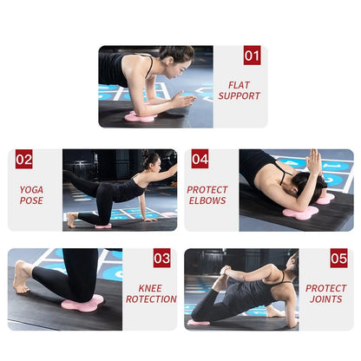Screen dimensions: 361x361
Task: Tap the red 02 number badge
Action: coord(24,160)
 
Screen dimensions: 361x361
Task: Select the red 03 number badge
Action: coord(161,259)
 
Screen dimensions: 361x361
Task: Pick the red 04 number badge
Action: coord(200,160)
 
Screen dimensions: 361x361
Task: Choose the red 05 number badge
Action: coord(338,259)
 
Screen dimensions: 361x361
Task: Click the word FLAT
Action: coord(240,85)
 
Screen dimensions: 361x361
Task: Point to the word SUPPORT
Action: coord(240,96)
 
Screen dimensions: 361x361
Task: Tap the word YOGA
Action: coord(31,189)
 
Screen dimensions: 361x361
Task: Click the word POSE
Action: coord(31,200)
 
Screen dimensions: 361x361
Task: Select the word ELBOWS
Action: coord(207,200)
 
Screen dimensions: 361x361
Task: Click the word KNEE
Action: coord(151,287)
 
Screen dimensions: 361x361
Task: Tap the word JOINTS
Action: coord(325,299)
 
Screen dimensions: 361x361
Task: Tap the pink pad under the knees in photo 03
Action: coord(82,300)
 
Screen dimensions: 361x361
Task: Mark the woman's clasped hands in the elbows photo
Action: coord(313,161)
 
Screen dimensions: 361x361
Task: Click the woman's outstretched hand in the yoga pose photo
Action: coord(171,168)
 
